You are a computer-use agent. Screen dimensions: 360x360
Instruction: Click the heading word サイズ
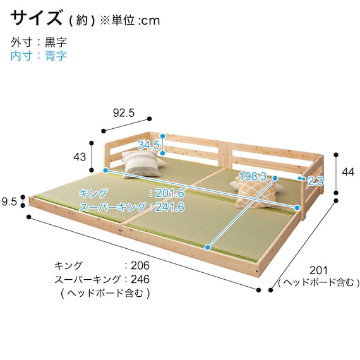click(x=36, y=18)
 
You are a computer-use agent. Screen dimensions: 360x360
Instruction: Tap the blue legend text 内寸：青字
click(x=39, y=56)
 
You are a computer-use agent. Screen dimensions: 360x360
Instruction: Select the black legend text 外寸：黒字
click(x=39, y=42)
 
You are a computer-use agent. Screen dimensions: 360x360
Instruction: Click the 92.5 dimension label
click(x=124, y=113)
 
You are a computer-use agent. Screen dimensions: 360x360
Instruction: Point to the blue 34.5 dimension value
click(x=148, y=145)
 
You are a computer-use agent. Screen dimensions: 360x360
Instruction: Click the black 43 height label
click(x=80, y=157)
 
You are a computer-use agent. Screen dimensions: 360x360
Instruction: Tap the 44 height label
click(x=348, y=172)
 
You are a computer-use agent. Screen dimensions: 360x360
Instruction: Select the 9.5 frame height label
click(x=9, y=202)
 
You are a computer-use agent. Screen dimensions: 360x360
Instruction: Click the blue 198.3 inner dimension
click(x=253, y=176)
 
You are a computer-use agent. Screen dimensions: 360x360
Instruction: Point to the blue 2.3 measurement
click(x=315, y=181)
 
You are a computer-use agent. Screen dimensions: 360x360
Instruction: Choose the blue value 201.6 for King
click(x=170, y=193)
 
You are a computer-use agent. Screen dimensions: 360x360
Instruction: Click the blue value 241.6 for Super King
click(x=170, y=207)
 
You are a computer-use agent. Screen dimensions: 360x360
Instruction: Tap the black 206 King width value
click(x=140, y=266)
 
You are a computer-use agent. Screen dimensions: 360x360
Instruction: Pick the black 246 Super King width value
click(x=140, y=279)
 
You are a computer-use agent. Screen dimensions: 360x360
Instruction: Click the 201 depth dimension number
click(x=319, y=270)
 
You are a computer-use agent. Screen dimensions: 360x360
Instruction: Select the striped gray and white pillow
click(x=143, y=164)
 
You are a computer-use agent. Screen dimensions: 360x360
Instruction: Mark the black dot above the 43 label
click(x=92, y=143)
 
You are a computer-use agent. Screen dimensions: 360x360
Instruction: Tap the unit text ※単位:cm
click(x=129, y=21)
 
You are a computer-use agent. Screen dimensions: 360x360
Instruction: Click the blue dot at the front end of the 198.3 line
click(x=208, y=248)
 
